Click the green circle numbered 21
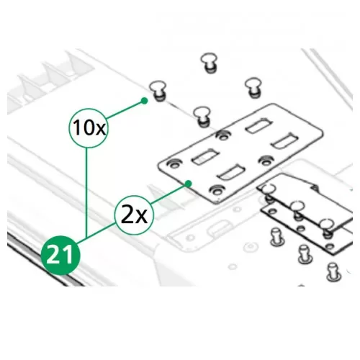coord(60,255)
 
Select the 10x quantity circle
coord(89,128)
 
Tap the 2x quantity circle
coord(134,215)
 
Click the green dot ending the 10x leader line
coord(144,101)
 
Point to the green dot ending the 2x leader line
coord(189,184)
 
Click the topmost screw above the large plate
coord(210,63)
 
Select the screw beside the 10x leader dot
coord(158,91)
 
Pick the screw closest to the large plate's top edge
coord(203,117)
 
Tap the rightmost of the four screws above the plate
coord(253,87)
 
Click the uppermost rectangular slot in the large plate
coord(259,126)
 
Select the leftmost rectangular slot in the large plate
coord(206,157)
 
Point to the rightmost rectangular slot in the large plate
coord(284,141)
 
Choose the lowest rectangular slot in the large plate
coord(231,172)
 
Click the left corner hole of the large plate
coord(174,163)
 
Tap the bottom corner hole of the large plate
coord(217,190)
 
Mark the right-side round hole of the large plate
coord(267,161)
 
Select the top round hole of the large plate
coord(223,135)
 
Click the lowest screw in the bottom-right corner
coord(334,272)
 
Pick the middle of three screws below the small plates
coord(305,254)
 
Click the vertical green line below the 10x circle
coord(86,192)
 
